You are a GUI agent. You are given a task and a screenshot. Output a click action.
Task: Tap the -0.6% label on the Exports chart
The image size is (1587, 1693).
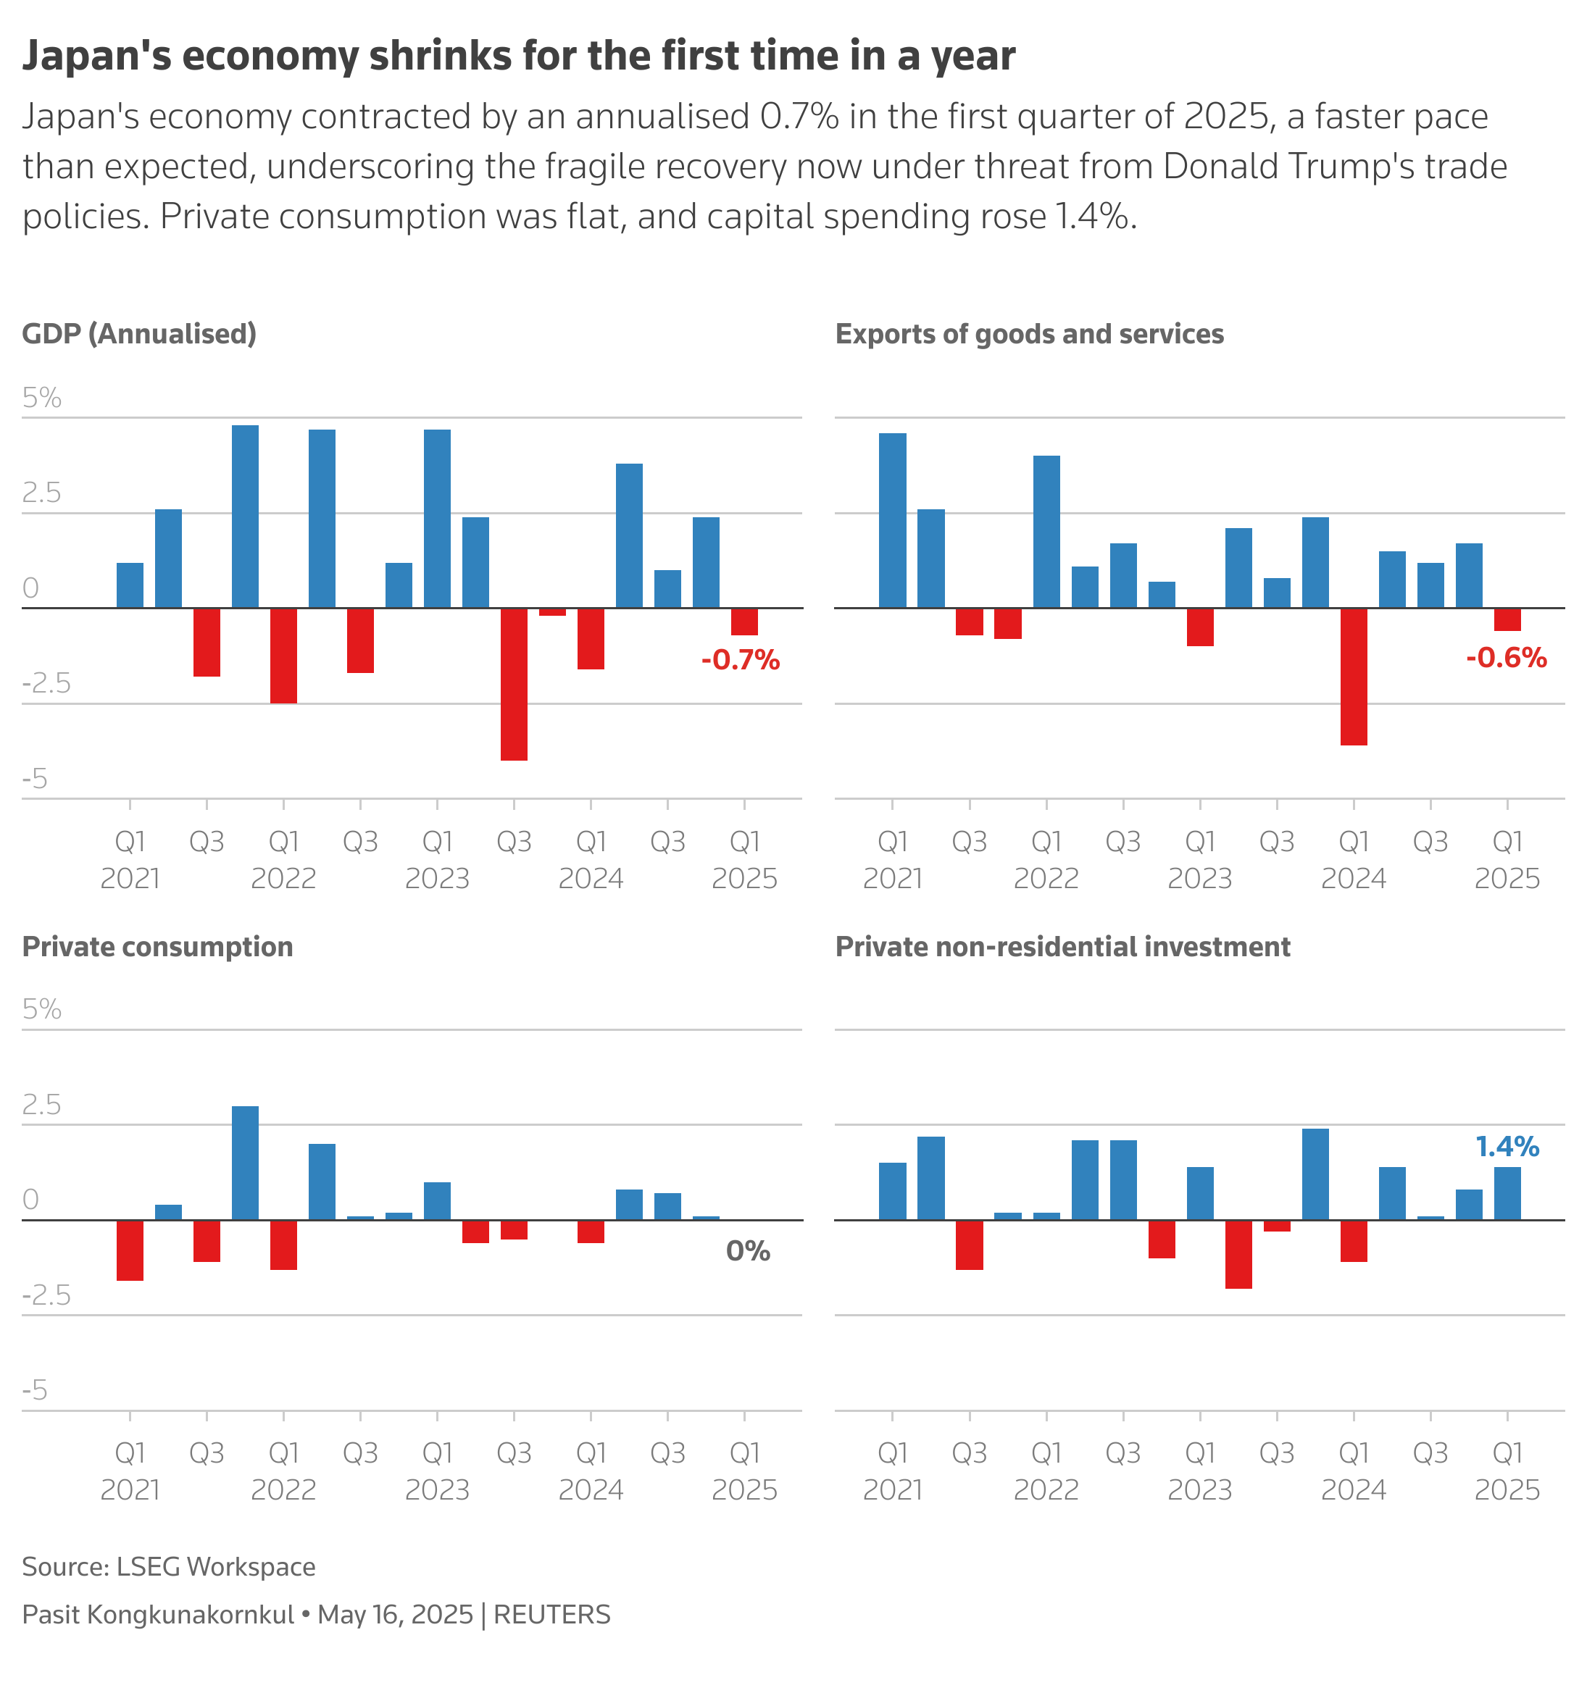point(1505,658)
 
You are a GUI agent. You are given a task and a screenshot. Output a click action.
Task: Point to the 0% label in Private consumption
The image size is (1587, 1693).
point(747,1250)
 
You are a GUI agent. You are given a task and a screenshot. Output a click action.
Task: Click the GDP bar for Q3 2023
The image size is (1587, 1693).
point(514,683)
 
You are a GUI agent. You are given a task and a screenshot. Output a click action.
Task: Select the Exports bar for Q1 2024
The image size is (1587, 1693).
point(1353,676)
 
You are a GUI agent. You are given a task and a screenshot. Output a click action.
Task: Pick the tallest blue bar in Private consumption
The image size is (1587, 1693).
point(246,1163)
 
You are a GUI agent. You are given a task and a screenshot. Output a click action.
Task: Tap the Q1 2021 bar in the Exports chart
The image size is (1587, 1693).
point(892,520)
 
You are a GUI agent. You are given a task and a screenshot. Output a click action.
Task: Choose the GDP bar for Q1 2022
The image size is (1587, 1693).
point(283,655)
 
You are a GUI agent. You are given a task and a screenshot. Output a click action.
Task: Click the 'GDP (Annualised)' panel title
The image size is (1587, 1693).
point(139,334)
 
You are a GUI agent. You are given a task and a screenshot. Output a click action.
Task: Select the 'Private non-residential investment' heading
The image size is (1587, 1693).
point(1062,946)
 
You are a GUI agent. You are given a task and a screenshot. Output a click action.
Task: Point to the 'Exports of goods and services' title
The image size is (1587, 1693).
point(1028,334)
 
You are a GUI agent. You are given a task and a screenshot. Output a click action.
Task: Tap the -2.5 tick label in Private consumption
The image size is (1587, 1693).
point(46,1295)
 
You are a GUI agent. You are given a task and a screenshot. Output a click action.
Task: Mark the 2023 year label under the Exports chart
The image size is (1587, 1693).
point(1199,878)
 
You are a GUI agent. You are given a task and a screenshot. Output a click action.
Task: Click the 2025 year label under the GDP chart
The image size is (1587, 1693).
point(743,878)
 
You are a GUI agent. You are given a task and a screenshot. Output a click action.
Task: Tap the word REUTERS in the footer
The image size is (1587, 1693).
point(551,1615)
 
